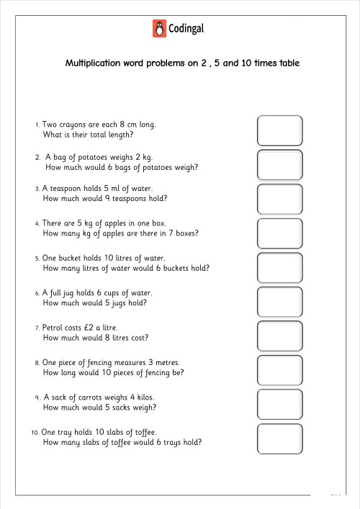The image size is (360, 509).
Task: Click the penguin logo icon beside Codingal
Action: coord(159,29)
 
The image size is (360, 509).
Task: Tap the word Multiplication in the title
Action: coord(94,63)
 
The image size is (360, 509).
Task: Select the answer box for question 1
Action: coord(279,130)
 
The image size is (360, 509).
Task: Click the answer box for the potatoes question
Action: coord(279,164)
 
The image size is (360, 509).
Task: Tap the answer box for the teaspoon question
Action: coord(279,199)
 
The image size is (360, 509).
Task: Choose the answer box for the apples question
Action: coord(279,233)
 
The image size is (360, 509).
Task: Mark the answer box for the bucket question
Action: coord(279,267)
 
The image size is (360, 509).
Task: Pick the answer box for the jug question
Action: coord(279,302)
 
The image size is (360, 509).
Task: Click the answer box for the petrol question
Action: coord(279,335)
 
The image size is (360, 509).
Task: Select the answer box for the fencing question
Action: coord(279,370)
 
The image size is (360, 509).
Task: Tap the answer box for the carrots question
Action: coord(279,404)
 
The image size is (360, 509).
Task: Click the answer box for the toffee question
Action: coord(279,438)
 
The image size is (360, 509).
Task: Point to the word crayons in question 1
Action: coord(73,125)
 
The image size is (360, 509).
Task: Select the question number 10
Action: coord(34,432)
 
